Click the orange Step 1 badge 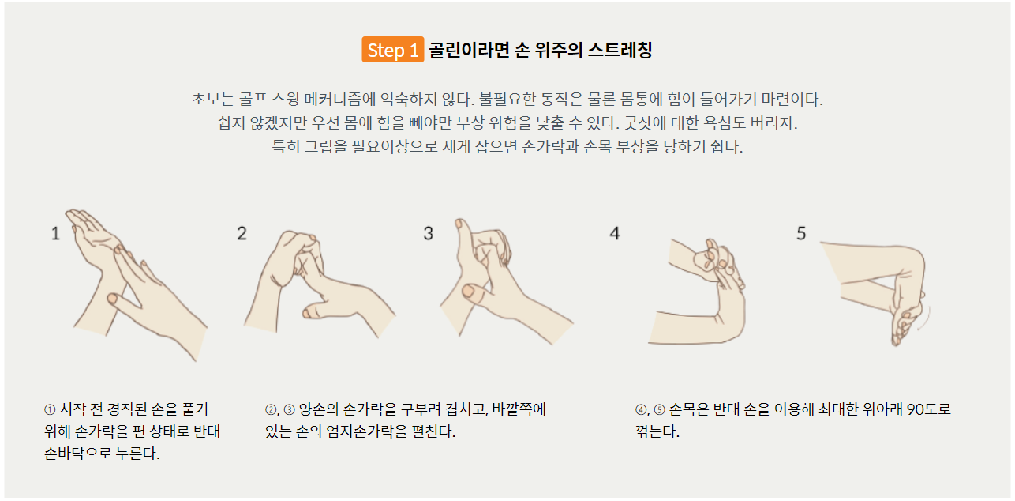(392, 50)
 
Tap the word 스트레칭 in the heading (620, 50)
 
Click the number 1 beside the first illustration (55, 234)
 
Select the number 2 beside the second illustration (242, 234)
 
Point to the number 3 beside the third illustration (429, 234)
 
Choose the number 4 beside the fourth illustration (614, 234)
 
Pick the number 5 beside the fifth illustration (801, 234)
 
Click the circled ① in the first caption (50, 410)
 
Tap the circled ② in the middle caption (271, 410)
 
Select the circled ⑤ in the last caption (659, 410)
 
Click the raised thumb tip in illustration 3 (459, 224)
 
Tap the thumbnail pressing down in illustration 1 (112, 299)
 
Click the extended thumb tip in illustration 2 (308, 313)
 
